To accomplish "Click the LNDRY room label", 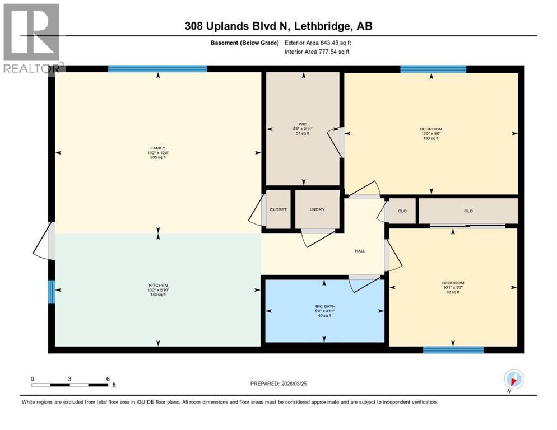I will (318, 209).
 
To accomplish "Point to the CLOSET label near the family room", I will (277, 209).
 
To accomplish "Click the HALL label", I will (360, 251).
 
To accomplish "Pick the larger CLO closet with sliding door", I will (468, 211).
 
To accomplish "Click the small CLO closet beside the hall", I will (402, 211).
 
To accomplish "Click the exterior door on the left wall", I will (50, 241).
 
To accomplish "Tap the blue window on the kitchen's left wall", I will (51, 292).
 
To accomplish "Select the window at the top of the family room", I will (157, 69).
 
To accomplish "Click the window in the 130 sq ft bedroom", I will (433, 69).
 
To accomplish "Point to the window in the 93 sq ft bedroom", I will (453, 350).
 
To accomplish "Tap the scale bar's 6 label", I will (108, 379).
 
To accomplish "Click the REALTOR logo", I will (32, 38).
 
